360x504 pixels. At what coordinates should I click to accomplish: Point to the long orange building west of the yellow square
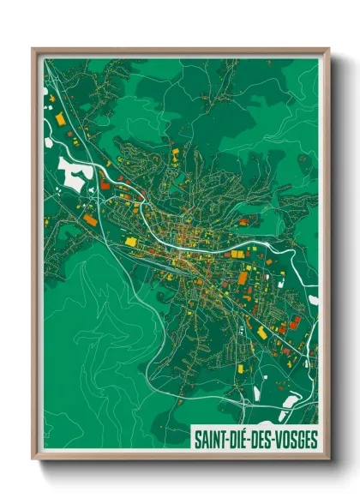90,220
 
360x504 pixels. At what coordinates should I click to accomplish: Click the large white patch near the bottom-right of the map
290,400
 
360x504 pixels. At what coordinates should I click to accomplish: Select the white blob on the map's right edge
314,300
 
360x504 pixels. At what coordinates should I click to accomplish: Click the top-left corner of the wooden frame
33,50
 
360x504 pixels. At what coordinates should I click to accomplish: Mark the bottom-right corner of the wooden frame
328,459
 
